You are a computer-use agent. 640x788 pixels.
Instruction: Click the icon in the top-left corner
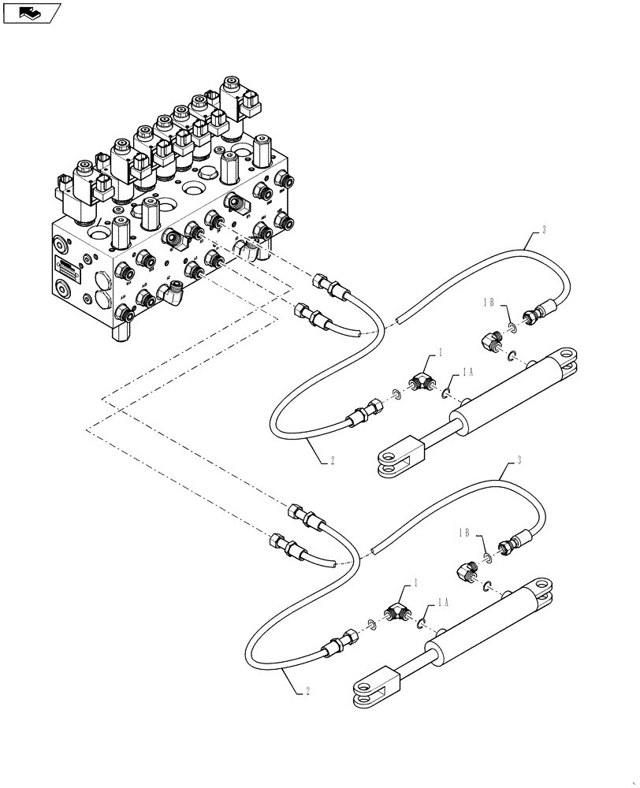coord(32,12)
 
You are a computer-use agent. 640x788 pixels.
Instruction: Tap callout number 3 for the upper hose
coord(543,231)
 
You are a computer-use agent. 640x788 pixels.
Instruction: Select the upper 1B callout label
coord(489,303)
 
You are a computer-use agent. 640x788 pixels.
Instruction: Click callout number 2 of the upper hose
coord(332,461)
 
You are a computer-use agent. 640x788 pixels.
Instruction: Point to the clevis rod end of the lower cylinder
coord(371,689)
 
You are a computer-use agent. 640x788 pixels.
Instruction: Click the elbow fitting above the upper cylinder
coord(489,340)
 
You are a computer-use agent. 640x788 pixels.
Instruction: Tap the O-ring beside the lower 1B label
coord(489,558)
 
